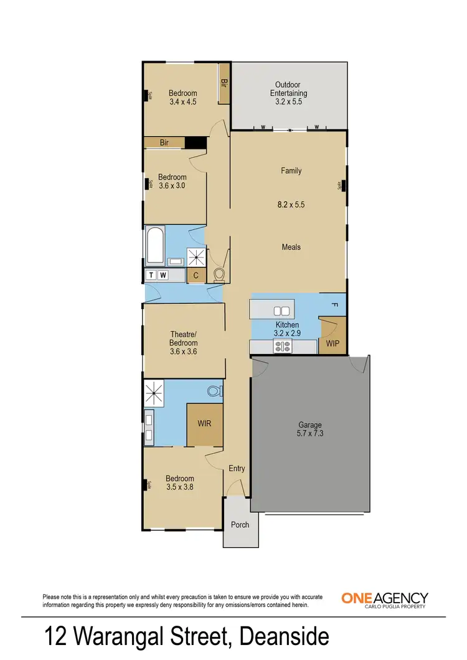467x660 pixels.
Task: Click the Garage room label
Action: (310, 425)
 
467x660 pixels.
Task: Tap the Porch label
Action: (240, 525)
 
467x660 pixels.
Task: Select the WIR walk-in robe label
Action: (204, 424)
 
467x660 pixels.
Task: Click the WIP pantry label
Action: (333, 343)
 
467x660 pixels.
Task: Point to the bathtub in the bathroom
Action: (154, 247)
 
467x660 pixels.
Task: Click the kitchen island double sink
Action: (281, 310)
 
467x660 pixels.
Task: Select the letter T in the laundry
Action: (151, 275)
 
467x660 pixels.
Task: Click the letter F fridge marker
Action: (334, 305)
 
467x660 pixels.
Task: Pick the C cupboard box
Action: (196, 275)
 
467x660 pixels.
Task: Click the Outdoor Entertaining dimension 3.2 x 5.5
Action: (288, 102)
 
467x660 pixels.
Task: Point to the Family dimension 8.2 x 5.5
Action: (291, 204)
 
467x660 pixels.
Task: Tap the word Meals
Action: (291, 247)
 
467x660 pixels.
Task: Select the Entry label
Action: (237, 469)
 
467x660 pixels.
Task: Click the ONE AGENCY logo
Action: (385, 599)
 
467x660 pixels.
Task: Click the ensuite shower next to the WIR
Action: (154, 392)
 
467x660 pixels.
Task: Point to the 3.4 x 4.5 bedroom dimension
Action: (182, 102)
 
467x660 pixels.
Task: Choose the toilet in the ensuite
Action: (214, 391)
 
